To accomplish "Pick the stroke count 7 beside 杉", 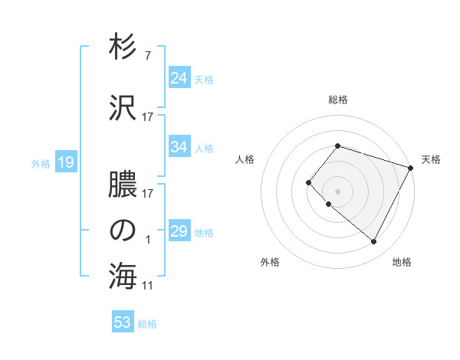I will click(148, 56).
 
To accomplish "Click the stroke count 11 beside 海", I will click(148, 286).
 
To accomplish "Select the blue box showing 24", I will click(179, 78).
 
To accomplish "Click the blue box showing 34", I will click(179, 147).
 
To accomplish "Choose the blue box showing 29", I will click(179, 231).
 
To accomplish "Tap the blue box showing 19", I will click(65, 162).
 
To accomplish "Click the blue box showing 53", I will click(123, 322).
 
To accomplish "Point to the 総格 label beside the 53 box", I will click(148, 324).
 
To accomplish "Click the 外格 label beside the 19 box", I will click(41, 163).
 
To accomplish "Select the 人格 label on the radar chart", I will click(245, 159).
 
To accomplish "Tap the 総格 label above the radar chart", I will click(338, 100).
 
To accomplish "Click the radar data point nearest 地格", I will click(373, 242).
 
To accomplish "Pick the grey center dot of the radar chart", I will click(338, 191).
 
